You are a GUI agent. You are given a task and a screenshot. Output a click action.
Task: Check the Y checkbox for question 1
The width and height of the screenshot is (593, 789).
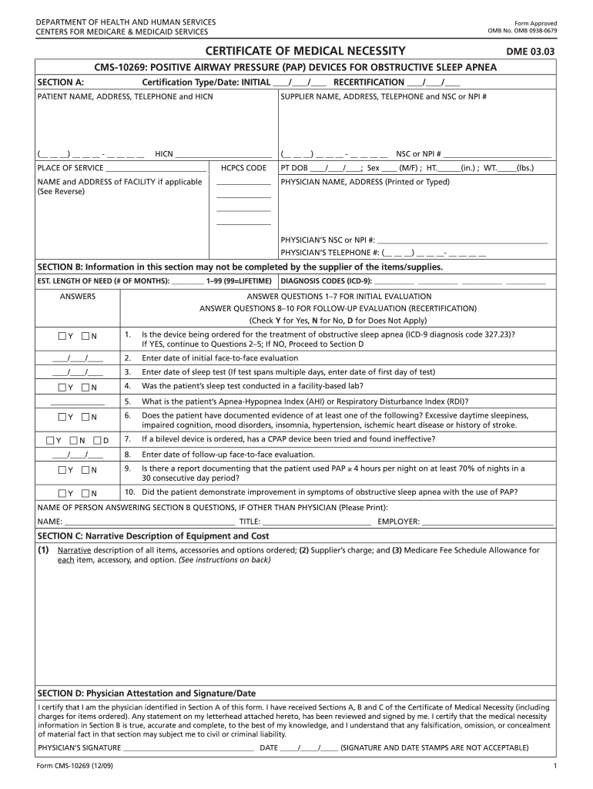(x=62, y=337)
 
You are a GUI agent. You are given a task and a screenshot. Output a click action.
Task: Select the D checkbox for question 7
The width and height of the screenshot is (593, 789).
(x=97, y=441)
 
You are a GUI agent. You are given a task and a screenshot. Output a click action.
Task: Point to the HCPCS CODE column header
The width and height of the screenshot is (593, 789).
(x=243, y=168)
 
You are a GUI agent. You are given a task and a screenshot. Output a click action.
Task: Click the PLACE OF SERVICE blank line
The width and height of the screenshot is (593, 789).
(x=156, y=169)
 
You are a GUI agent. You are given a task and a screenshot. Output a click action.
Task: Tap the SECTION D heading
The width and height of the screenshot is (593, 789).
(x=146, y=693)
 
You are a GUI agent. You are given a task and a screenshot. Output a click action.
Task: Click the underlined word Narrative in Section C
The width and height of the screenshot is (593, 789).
(x=75, y=550)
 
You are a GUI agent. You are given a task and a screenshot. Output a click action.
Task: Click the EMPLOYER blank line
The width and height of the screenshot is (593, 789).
(x=487, y=522)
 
